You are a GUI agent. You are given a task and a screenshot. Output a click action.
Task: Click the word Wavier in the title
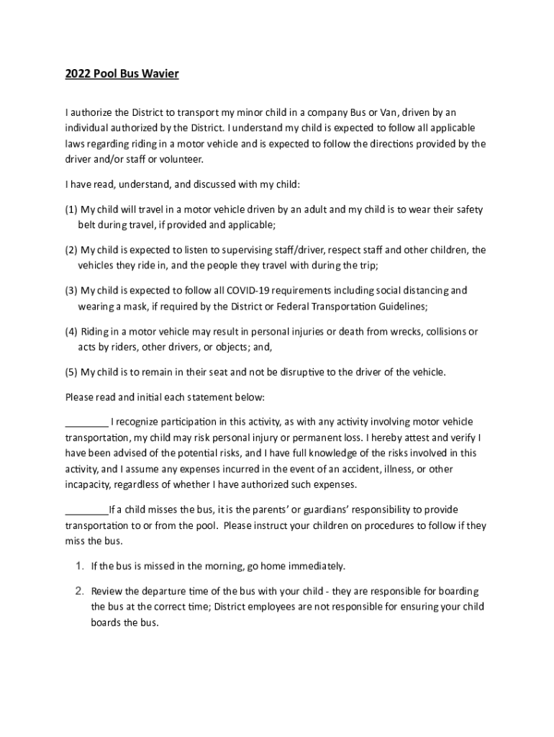160,75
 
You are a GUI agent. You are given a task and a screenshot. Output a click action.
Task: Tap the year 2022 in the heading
77,75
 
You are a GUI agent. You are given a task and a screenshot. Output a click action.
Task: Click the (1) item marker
71,209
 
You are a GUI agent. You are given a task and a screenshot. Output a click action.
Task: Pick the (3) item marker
71,291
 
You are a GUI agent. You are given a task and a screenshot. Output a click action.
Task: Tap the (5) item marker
71,372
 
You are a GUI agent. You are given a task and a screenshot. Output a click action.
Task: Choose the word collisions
446,332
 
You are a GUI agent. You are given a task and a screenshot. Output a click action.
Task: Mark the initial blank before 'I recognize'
86,422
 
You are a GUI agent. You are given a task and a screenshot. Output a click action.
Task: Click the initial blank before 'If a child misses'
86,510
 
